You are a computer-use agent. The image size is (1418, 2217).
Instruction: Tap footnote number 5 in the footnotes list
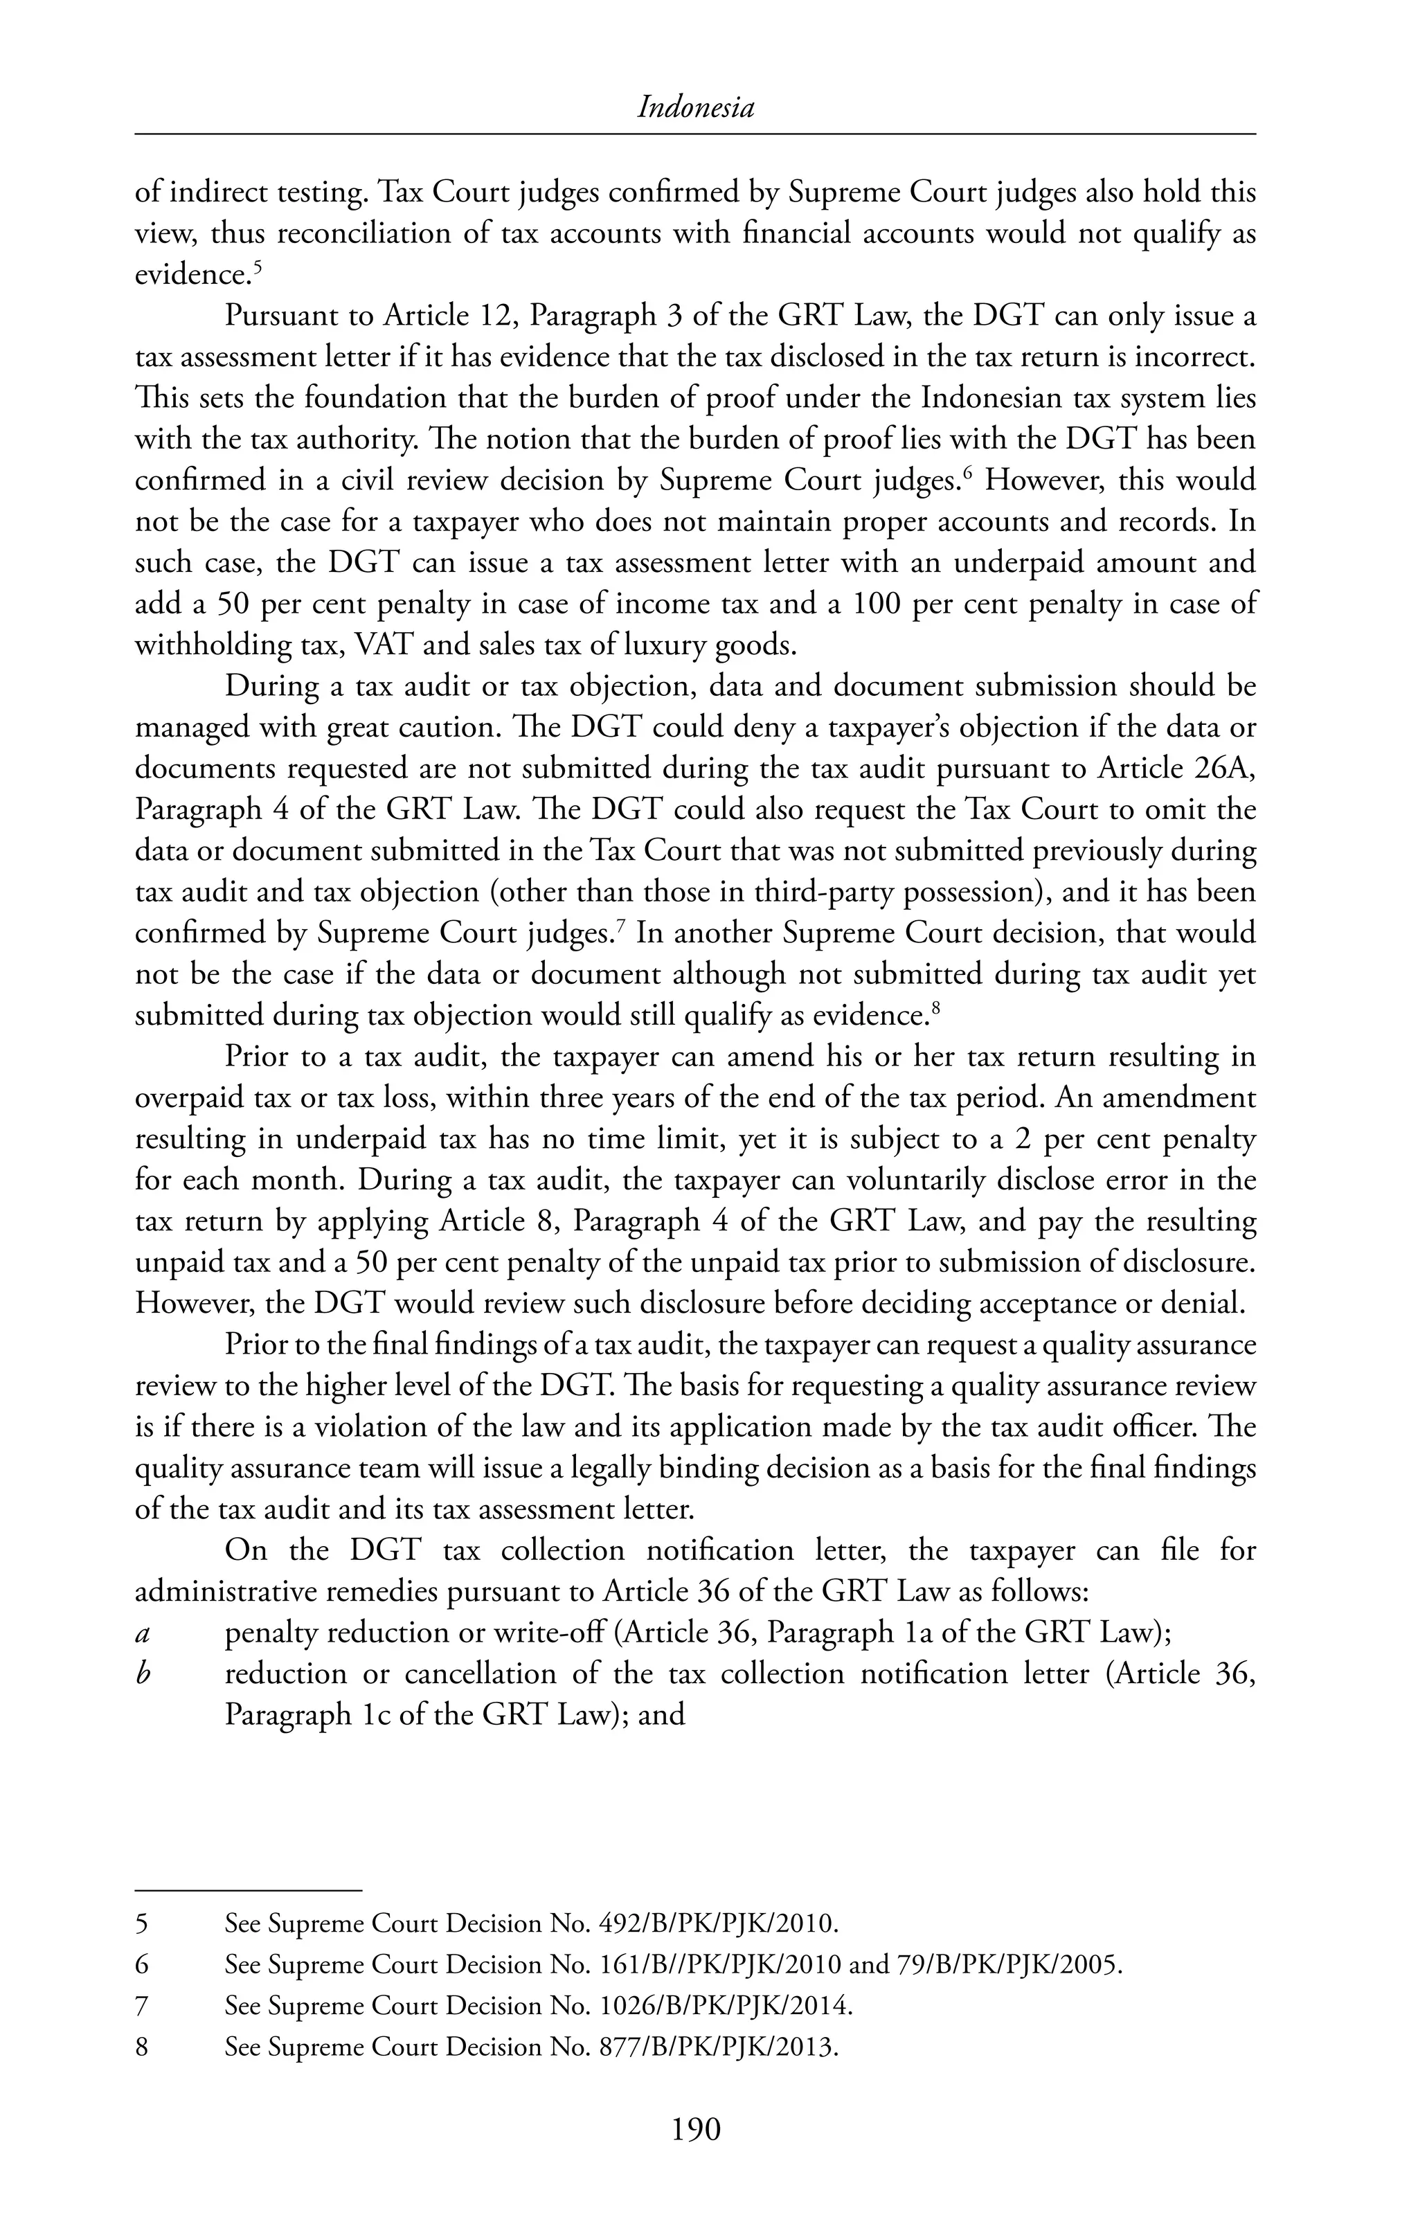coord(142,1923)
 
